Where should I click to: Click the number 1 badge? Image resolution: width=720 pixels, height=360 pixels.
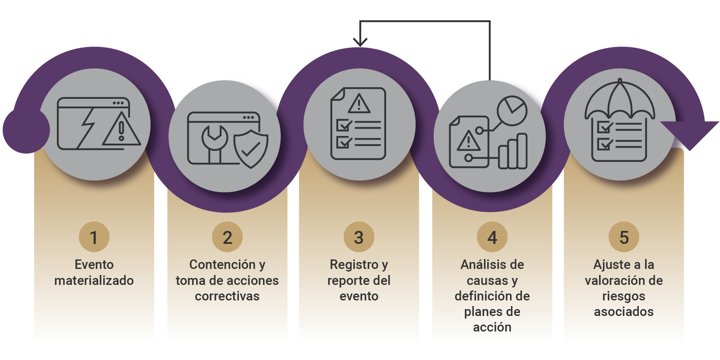[94, 237]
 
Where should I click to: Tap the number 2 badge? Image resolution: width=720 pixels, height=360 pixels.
[227, 237]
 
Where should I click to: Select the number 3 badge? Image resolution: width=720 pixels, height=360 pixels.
[359, 237]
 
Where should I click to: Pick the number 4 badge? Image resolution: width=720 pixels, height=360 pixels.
[492, 237]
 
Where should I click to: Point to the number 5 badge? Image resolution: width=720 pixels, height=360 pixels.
[624, 237]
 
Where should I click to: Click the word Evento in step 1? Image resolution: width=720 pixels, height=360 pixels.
[94, 264]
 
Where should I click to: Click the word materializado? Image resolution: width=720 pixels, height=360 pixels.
[94, 281]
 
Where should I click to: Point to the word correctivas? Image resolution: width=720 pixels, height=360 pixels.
[227, 296]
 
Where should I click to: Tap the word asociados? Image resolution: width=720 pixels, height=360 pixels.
[624, 312]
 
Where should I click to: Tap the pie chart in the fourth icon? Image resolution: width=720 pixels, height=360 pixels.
[512, 111]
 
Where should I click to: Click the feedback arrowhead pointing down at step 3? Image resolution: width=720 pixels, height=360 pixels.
[360, 42]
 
